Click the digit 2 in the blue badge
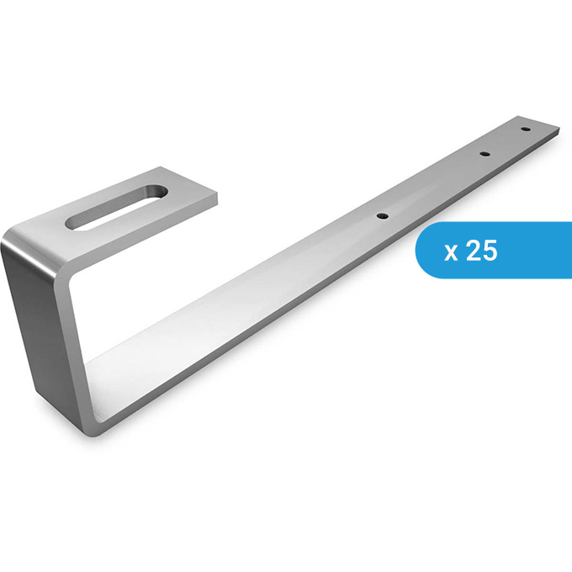[473, 251]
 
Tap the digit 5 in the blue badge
[490, 251]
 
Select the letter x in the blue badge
[451, 252]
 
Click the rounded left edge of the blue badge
[418, 250]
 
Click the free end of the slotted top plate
[205, 195]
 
